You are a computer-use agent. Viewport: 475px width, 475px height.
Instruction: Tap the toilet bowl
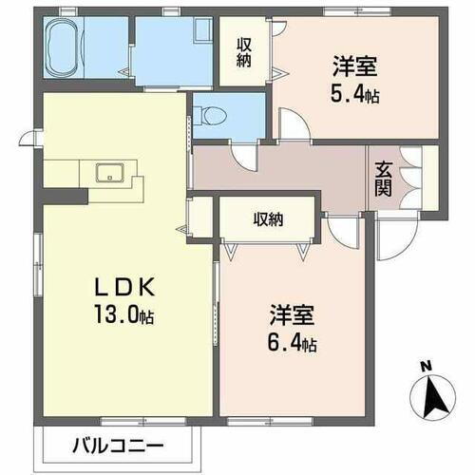[214, 117]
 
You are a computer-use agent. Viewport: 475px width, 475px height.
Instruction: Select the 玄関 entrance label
[384, 177]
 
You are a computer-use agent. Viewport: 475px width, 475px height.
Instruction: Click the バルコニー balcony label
[119, 444]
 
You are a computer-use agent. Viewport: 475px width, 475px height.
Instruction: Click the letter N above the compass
[426, 365]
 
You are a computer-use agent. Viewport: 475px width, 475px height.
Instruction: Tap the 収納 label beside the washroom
[245, 53]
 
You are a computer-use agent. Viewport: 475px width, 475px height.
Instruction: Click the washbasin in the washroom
[202, 32]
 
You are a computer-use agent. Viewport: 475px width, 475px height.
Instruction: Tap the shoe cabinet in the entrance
[414, 178]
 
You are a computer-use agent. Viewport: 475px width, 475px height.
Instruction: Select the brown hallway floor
[285, 171]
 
